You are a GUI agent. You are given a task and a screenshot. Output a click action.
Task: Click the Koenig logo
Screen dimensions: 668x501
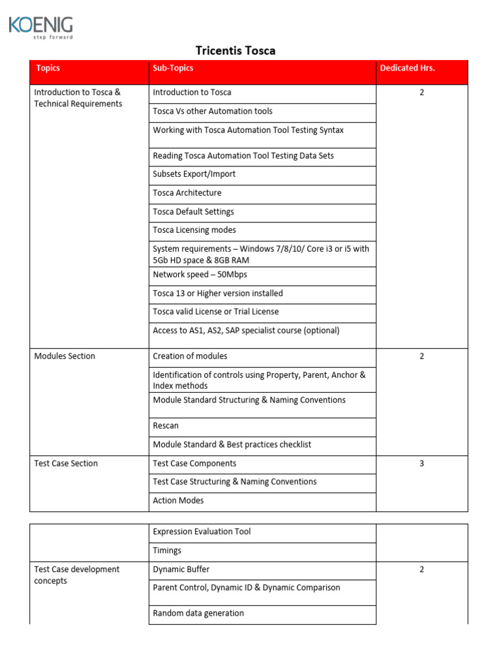40,27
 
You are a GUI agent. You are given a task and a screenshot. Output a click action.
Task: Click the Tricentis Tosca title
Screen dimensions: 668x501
235,51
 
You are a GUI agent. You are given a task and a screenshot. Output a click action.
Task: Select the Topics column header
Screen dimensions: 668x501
48,68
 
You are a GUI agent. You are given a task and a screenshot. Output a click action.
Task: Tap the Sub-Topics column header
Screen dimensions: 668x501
173,68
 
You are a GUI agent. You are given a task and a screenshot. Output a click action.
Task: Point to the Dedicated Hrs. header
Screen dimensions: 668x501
407,68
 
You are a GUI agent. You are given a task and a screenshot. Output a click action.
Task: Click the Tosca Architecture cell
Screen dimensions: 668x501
187,193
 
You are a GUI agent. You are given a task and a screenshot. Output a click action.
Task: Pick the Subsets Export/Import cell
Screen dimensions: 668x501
194,174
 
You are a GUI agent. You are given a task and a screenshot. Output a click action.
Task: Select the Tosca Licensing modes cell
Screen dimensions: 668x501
194,230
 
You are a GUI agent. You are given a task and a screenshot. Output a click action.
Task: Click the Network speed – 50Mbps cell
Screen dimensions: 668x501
200,275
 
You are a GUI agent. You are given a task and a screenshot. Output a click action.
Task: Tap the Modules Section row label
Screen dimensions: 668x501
65,356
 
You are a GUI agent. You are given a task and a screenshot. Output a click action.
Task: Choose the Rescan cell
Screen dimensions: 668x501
166,426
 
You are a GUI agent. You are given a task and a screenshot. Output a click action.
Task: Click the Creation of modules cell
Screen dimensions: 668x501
189,356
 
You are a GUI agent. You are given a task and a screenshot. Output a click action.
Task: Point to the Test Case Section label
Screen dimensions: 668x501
66,464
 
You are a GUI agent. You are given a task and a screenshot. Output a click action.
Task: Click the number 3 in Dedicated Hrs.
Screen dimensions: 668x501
421,464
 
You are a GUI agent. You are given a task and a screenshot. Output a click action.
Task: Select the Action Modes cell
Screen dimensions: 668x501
178,501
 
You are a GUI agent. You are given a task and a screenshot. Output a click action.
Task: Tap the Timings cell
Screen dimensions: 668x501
167,551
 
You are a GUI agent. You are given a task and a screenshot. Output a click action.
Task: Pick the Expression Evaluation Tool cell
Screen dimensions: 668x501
202,532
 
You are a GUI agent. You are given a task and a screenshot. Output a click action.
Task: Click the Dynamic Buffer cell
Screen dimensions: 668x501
181,569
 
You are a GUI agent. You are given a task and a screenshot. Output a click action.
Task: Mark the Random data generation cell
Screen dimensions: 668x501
198,613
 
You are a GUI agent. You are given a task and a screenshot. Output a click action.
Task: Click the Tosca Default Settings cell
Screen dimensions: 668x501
193,212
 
